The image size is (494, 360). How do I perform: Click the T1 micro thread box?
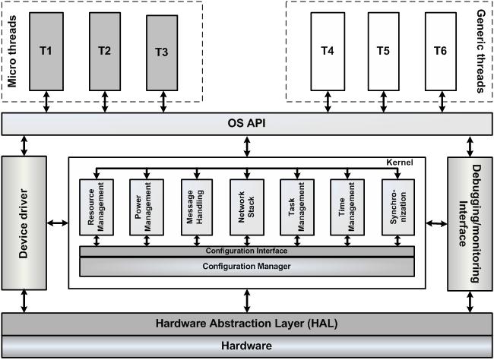click(x=46, y=50)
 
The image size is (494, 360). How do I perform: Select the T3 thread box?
click(x=161, y=52)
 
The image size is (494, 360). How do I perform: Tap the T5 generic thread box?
click(x=383, y=51)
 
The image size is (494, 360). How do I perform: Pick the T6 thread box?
click(x=440, y=51)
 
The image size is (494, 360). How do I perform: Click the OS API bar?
click(x=246, y=122)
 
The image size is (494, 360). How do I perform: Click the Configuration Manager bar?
click(x=247, y=267)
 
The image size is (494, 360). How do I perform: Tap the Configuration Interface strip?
click(x=247, y=251)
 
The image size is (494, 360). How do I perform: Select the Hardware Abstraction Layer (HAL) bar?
click(x=246, y=324)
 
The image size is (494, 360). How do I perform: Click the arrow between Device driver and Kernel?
click(x=57, y=223)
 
